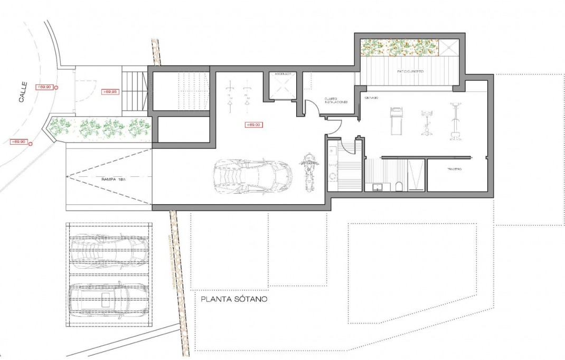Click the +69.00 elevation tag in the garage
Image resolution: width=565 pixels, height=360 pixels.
point(254,125)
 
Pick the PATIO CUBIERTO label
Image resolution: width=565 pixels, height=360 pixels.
point(411,71)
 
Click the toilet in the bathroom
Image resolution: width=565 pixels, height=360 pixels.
point(400,185)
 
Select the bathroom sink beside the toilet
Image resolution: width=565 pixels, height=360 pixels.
point(379,186)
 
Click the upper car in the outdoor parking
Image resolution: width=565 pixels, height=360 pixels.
point(109,249)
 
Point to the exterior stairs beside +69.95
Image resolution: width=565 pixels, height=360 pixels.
point(134,91)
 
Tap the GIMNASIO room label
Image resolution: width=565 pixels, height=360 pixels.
point(372,98)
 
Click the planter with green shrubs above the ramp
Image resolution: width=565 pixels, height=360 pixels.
point(100,128)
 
